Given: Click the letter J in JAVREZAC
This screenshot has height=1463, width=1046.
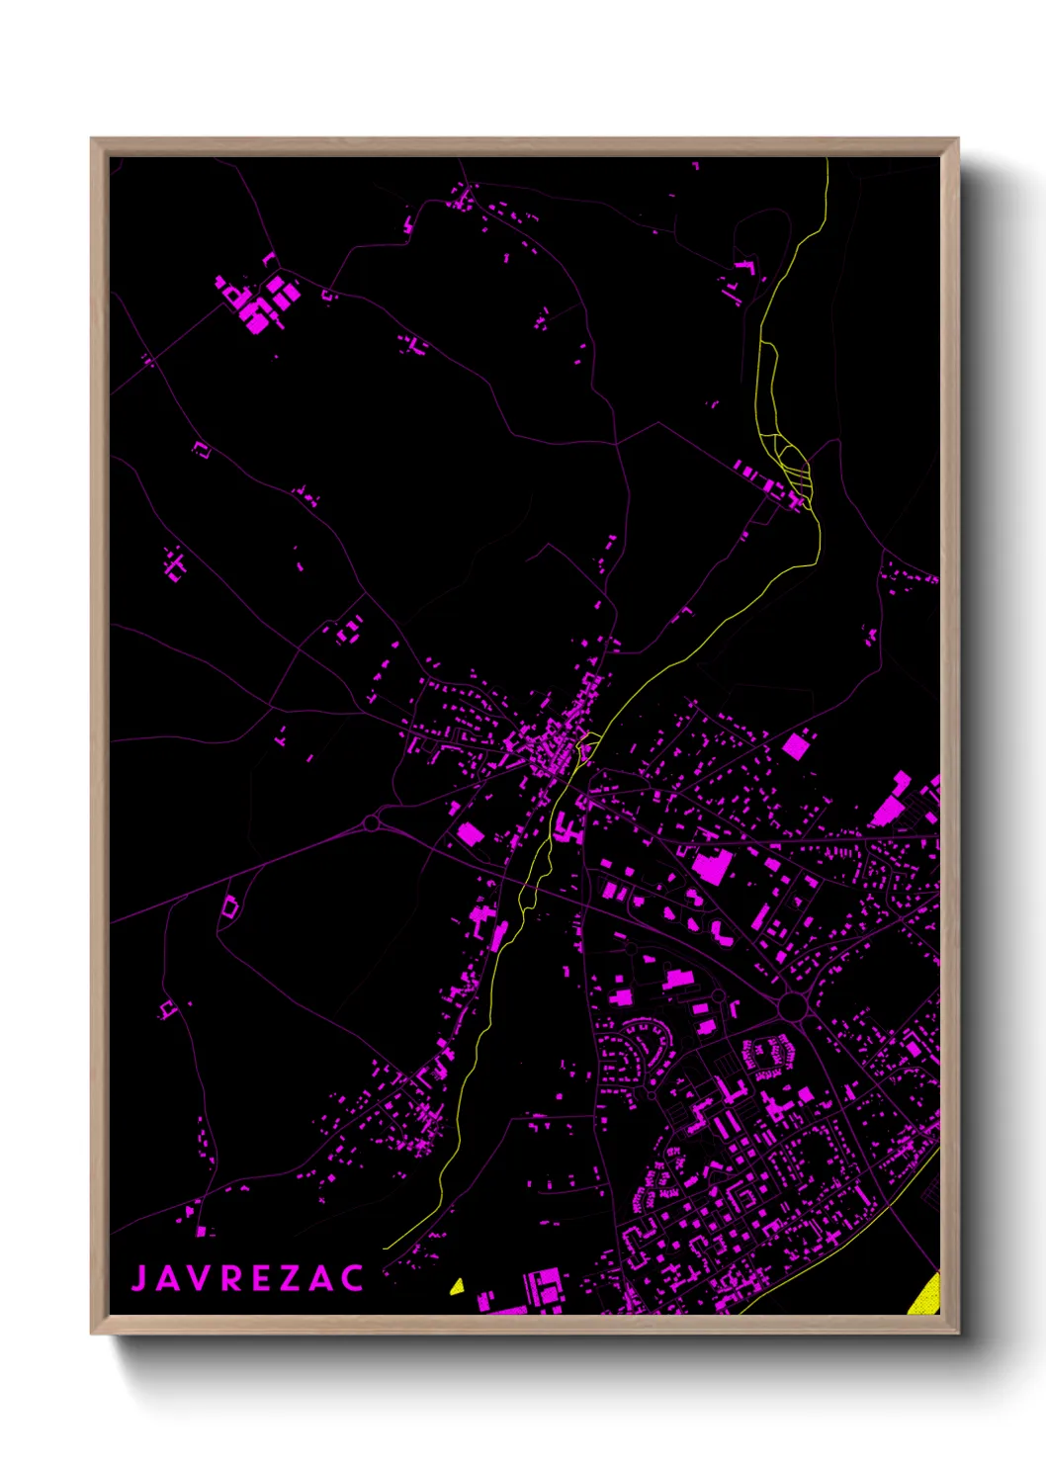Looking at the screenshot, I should [139, 1278].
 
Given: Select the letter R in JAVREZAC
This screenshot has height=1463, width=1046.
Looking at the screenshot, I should [228, 1278].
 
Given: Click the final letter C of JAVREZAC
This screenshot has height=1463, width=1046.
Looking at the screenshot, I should [353, 1278].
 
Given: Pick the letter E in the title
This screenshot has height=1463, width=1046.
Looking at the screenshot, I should [261, 1278].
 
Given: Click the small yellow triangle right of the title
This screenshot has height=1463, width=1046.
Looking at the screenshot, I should [457, 1286].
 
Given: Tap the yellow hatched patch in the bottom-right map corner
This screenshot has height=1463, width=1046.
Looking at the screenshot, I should [926, 1296].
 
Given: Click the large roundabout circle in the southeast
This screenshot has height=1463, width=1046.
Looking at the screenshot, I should [792, 1007].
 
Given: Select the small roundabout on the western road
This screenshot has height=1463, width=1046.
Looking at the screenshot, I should [372, 822].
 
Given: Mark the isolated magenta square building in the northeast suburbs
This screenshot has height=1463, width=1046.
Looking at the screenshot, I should [795, 745].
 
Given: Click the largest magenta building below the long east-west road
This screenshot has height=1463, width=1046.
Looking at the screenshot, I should [712, 867].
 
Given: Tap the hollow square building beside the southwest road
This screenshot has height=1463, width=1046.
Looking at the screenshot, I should [229, 906].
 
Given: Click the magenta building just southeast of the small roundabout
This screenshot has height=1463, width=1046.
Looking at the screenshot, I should [471, 834].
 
